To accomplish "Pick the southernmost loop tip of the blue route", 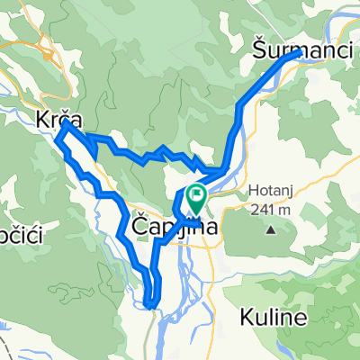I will (x=150, y=305).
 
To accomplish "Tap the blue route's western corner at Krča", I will (x=58, y=139).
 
